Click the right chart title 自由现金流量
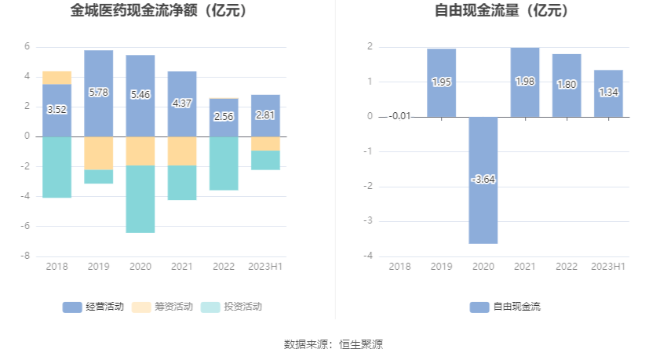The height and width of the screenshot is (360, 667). [502, 11]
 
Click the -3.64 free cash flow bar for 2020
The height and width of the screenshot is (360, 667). [483, 204]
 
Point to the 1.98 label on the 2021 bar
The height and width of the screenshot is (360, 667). [525, 82]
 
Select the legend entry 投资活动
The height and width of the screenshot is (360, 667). [232, 307]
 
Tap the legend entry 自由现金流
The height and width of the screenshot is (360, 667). [505, 307]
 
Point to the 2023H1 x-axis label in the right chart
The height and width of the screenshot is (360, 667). [608, 267]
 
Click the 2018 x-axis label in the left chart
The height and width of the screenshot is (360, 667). [57, 267]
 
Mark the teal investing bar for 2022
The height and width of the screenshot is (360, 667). [224, 163]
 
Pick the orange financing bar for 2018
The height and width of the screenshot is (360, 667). [57, 78]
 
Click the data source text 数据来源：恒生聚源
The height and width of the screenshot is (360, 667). [333, 344]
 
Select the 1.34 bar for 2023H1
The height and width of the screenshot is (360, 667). [608, 93]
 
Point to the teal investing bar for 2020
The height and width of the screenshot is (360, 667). [140, 199]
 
